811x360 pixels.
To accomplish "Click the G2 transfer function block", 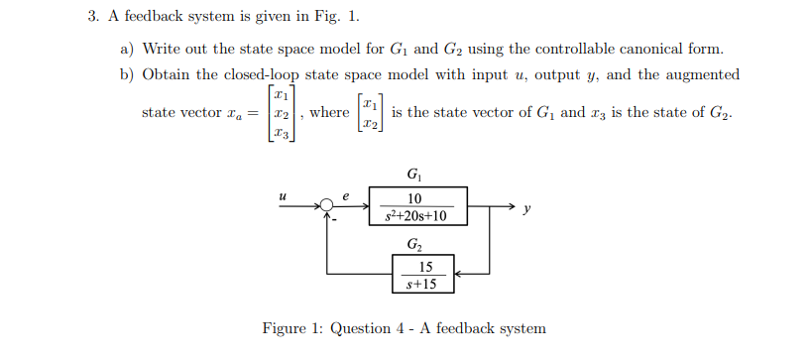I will pyautogui.click(x=423, y=274).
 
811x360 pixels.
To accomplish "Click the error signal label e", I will pyautogui.click(x=346, y=196).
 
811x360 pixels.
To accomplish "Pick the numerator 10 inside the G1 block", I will pyautogui.click(x=414, y=198).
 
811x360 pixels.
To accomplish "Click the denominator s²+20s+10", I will pyautogui.click(x=414, y=215).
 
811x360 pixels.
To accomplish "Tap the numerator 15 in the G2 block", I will pyautogui.click(x=424, y=267).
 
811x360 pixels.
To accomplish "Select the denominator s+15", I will pyautogui.click(x=423, y=284).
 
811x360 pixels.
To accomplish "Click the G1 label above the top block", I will pyautogui.click(x=413, y=176).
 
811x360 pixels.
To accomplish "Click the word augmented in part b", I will pyautogui.click(x=701, y=74).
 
